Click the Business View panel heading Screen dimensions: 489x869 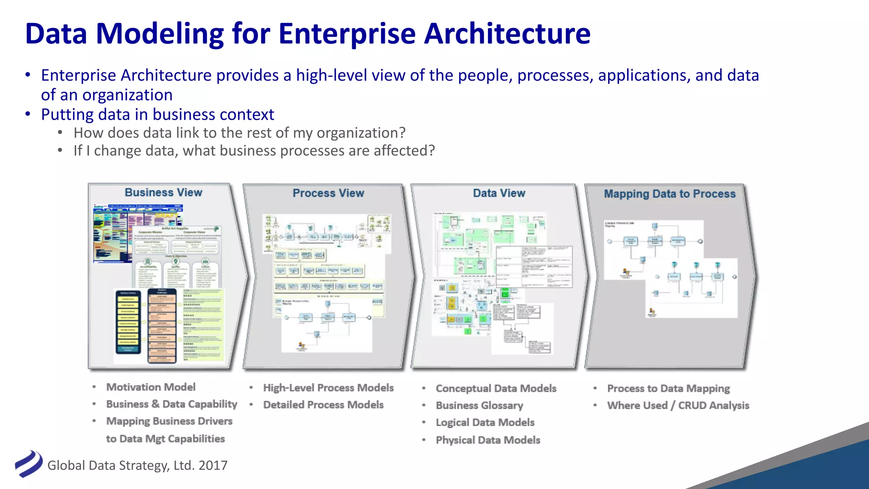click(163, 193)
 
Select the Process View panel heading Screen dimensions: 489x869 click(328, 194)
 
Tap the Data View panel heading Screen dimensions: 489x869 click(499, 194)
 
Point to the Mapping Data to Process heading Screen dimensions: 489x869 click(670, 194)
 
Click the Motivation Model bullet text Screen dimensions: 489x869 click(151, 387)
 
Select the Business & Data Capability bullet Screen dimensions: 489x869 click(171, 404)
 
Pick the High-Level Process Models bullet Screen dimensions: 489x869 click(328, 388)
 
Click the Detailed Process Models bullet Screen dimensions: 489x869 click(323, 405)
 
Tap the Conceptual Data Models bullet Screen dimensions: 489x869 click(496, 389)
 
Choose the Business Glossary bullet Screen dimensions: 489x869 click(479, 406)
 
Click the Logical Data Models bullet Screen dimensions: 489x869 click(485, 423)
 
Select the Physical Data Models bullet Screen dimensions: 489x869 click(488, 440)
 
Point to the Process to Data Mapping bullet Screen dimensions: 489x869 click(668, 389)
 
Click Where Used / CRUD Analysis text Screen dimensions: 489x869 click(678, 406)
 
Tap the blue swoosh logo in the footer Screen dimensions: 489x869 click(28, 464)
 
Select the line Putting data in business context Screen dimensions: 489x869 click(157, 115)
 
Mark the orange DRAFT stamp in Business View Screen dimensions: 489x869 click(167, 216)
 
